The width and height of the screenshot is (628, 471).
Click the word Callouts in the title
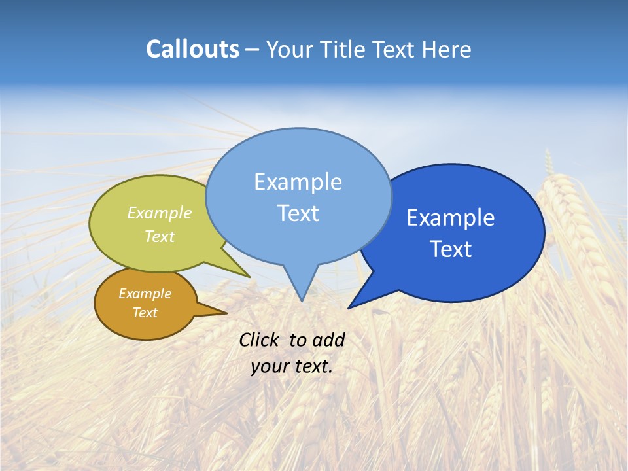(x=192, y=49)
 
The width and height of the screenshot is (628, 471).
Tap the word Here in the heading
(x=446, y=49)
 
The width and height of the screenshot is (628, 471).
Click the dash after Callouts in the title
(x=252, y=50)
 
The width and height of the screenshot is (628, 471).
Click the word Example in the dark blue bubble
(x=450, y=218)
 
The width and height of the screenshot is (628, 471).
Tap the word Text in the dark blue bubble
(x=450, y=249)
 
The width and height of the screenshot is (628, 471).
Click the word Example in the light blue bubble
(x=298, y=182)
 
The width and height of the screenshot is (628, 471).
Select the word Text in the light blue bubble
(x=298, y=213)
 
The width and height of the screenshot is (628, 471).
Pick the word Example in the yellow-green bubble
(x=159, y=213)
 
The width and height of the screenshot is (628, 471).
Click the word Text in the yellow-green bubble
(x=159, y=236)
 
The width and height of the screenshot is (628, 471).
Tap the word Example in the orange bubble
(x=145, y=294)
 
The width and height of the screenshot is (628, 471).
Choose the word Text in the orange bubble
(x=145, y=313)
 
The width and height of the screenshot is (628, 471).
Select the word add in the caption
(x=328, y=340)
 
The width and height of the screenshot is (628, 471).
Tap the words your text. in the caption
(x=292, y=366)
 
